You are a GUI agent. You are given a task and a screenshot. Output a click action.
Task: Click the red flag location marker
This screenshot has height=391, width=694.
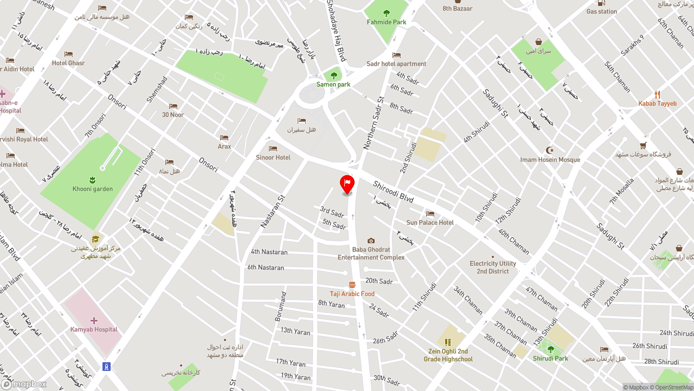[x=347, y=184]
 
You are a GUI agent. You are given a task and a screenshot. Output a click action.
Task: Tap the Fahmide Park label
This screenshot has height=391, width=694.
[x=386, y=22]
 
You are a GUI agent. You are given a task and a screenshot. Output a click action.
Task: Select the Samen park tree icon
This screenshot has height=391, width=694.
[x=333, y=75]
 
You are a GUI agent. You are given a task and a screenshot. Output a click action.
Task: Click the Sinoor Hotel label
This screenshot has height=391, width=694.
[x=273, y=157]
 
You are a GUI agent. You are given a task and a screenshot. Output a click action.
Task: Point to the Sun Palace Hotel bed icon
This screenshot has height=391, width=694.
[x=430, y=214]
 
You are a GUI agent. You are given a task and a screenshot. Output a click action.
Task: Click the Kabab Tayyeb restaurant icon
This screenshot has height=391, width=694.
[x=657, y=94]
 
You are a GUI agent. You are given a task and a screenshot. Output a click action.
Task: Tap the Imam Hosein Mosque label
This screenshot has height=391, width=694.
[x=550, y=160]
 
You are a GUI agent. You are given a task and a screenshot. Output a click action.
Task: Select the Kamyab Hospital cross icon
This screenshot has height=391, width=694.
[x=94, y=320]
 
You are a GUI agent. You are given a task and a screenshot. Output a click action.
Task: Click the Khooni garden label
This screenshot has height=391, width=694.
[x=93, y=189]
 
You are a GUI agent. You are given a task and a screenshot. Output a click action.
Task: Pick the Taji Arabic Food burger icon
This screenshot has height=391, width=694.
[x=352, y=285]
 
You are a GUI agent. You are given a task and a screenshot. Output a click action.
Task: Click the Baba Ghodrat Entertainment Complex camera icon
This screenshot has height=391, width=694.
[x=371, y=241]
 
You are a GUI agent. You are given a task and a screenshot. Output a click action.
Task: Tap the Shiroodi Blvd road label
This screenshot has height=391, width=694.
[x=393, y=192]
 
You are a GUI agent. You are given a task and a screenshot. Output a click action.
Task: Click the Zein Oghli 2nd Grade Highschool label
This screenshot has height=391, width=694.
[x=448, y=355]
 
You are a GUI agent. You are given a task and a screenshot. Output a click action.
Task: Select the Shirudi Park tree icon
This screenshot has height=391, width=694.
[x=550, y=349]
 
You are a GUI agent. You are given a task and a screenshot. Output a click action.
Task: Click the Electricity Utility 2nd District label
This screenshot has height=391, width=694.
[x=493, y=267]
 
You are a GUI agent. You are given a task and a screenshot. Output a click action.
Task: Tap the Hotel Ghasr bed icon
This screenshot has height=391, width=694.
[x=68, y=54]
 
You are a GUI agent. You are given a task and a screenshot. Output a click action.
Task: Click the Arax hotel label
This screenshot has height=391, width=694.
[x=224, y=147]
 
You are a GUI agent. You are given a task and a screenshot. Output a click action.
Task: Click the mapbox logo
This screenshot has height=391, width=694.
[x=24, y=384]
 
